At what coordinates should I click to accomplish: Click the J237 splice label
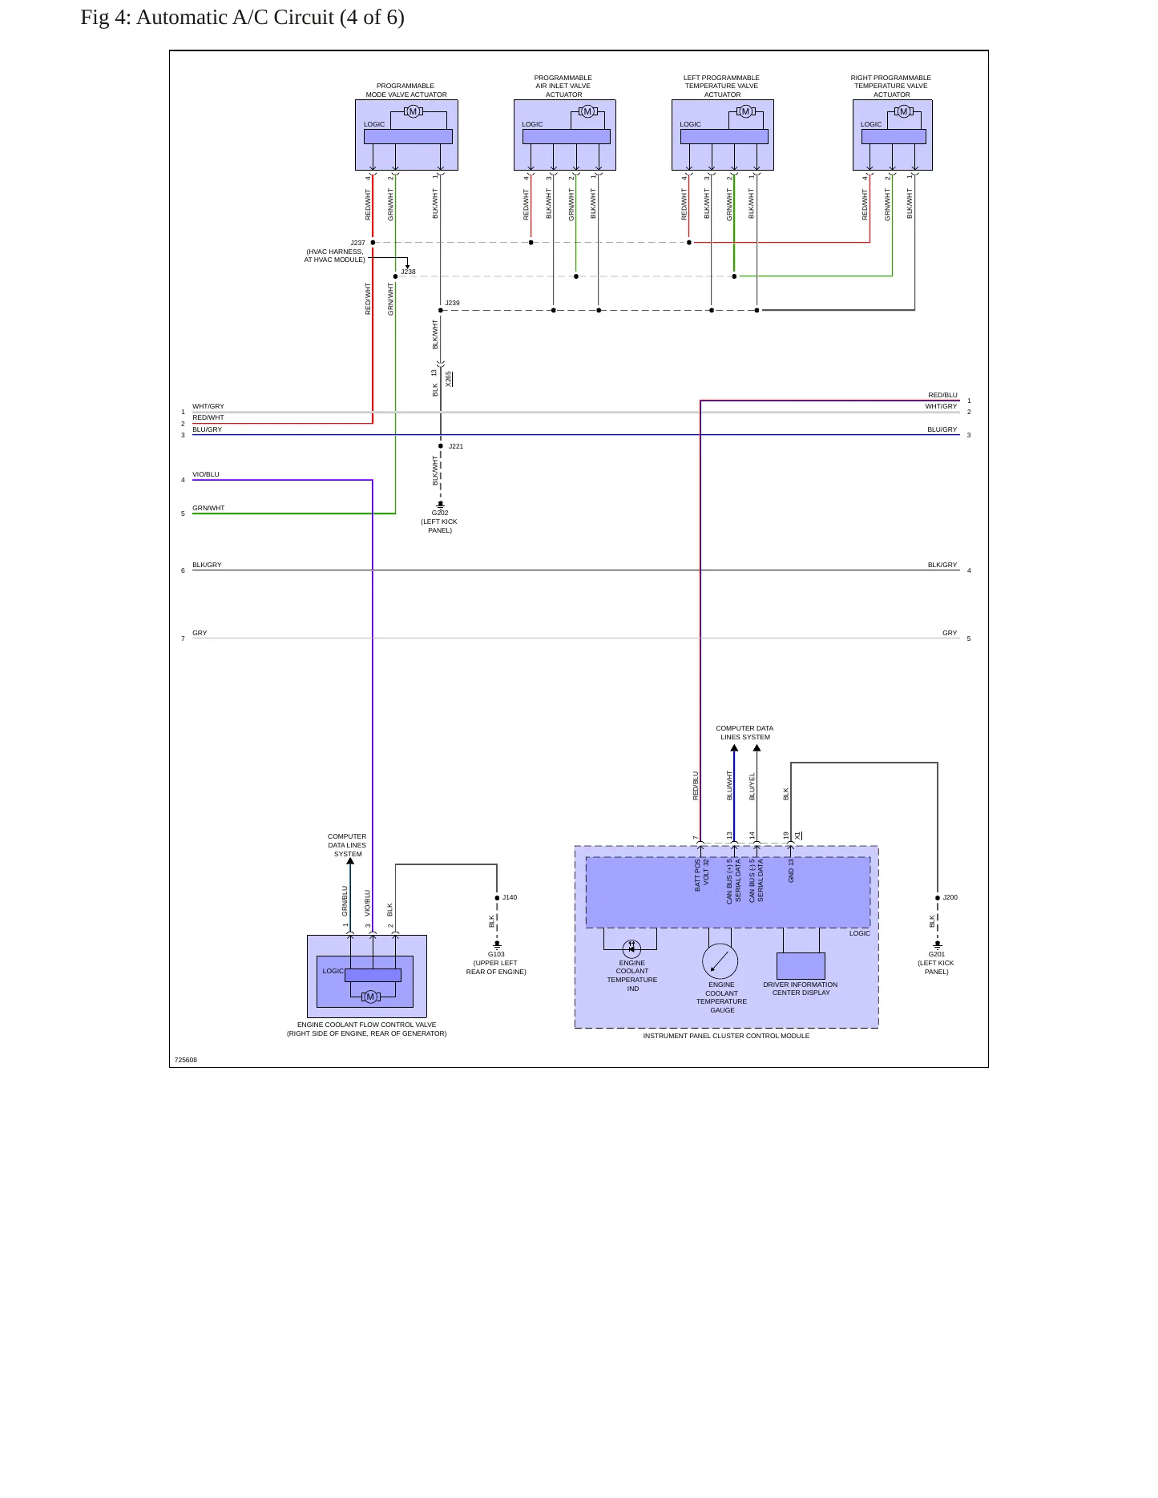pyautogui.click(x=357, y=243)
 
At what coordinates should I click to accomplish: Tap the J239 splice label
pyautogui.click(x=452, y=303)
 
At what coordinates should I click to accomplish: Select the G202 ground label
pyautogui.click(x=440, y=513)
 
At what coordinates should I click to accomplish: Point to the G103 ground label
pyautogui.click(x=496, y=954)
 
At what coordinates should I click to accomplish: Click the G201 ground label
pyautogui.click(x=936, y=954)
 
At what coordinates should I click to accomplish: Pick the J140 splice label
pyautogui.click(x=510, y=897)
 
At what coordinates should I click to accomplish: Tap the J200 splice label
pyautogui.click(x=950, y=897)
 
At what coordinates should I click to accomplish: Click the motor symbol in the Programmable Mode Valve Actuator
pyautogui.click(x=414, y=111)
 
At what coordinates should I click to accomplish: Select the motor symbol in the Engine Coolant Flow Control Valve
pyautogui.click(x=370, y=997)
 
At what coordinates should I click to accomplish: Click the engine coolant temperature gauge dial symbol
pyautogui.click(x=720, y=961)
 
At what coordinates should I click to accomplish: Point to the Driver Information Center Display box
pyautogui.click(x=801, y=965)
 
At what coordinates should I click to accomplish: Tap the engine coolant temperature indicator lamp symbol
pyautogui.click(x=631, y=948)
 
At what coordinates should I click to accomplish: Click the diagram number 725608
pyautogui.click(x=185, y=1060)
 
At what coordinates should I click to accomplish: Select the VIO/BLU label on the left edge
pyautogui.click(x=206, y=474)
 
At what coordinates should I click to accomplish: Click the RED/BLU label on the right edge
pyautogui.click(x=942, y=395)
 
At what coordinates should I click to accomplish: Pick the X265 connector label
pyautogui.click(x=449, y=379)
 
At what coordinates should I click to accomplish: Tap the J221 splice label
pyautogui.click(x=456, y=446)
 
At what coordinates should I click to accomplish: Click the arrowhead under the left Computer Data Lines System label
pyautogui.click(x=350, y=861)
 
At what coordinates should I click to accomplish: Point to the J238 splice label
pyautogui.click(x=408, y=272)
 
